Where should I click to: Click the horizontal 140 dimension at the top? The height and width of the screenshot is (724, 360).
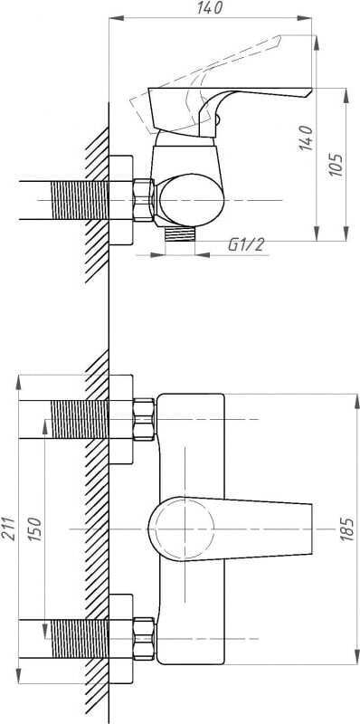click(x=210, y=8)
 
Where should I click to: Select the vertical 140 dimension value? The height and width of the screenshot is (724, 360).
click(x=306, y=138)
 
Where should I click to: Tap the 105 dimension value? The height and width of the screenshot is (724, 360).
click(x=336, y=164)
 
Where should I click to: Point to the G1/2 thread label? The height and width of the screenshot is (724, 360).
click(x=246, y=244)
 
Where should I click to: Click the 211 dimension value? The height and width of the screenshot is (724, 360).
click(x=9, y=528)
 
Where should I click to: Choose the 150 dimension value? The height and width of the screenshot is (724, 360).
click(x=36, y=529)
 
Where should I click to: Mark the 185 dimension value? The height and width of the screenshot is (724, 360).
click(x=347, y=529)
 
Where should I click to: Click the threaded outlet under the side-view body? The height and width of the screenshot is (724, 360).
click(x=180, y=233)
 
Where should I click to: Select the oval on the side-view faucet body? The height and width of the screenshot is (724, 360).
click(x=191, y=200)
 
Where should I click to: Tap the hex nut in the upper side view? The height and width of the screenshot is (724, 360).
click(x=144, y=200)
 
